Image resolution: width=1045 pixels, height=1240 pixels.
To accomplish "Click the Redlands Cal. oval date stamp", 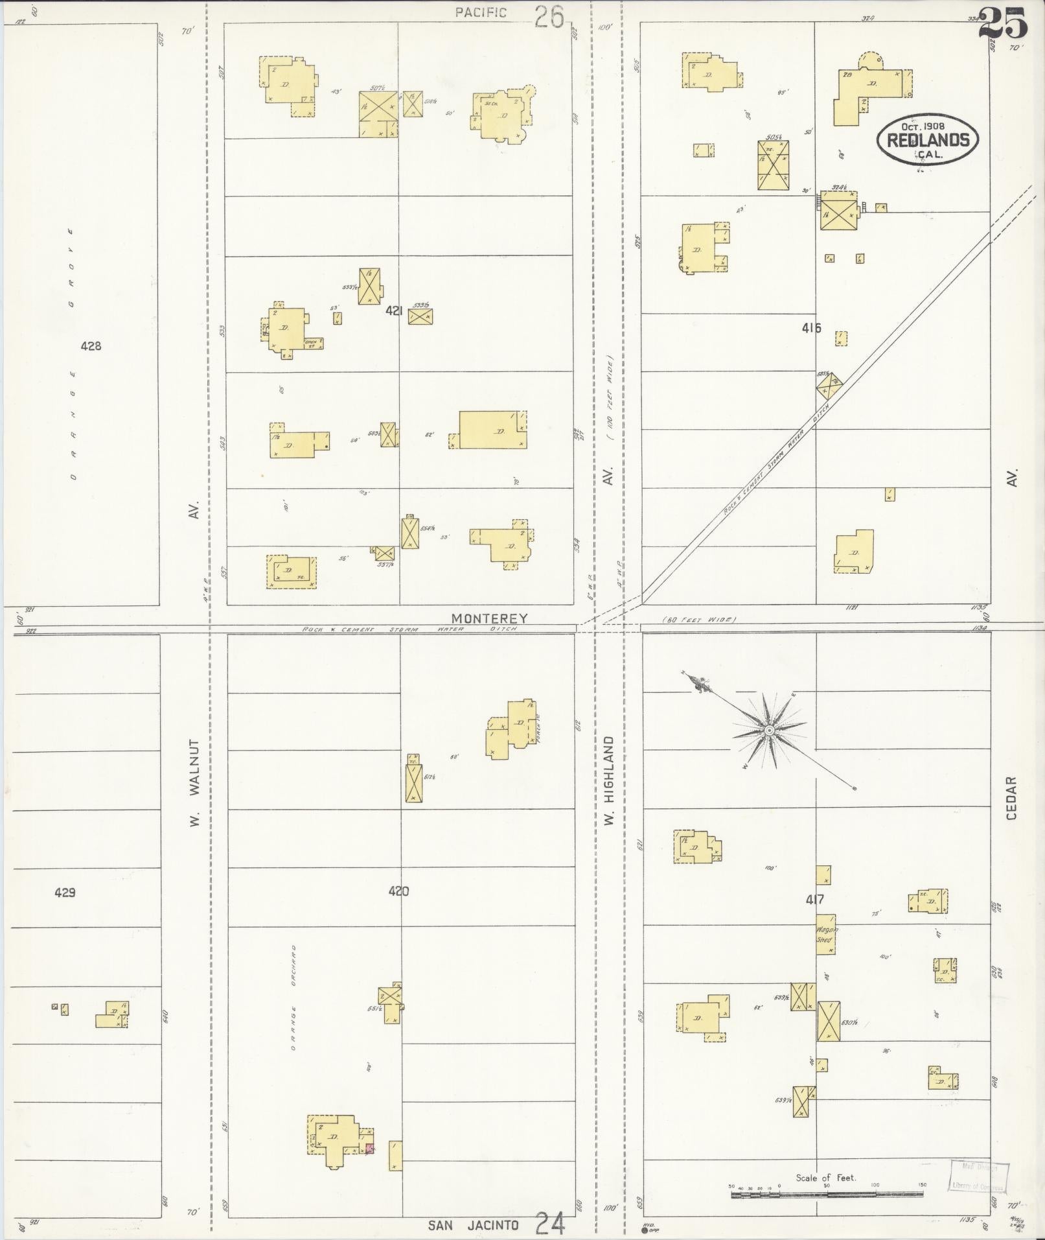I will tap(927, 140).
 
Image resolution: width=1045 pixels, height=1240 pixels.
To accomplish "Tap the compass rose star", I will tap(768, 731).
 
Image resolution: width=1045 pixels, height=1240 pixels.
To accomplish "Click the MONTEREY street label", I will tap(489, 618).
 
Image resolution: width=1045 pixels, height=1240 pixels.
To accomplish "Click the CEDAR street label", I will tap(1012, 798).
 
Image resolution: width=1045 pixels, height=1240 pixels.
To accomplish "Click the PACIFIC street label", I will tap(480, 12).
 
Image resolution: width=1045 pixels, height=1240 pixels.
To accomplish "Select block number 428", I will tap(91, 346).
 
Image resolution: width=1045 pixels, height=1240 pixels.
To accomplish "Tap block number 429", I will tap(65, 893).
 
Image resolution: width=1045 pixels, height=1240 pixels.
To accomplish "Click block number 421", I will tap(394, 311).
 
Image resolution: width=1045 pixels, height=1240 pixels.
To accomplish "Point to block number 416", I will tap(810, 328).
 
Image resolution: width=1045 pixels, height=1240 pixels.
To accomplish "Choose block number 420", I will tap(398, 891).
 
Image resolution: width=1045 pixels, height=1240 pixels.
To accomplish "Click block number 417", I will tap(814, 900).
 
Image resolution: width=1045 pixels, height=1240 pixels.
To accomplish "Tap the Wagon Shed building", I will tap(825, 934).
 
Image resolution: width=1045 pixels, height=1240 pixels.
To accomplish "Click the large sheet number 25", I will tap(1003, 24).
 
